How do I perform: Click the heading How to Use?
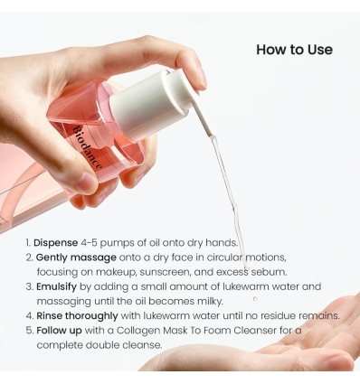point(294,50)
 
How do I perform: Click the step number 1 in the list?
point(27,243)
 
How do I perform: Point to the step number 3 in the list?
point(28,286)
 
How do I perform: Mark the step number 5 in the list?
point(28,330)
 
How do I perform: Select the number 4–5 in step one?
point(100,243)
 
